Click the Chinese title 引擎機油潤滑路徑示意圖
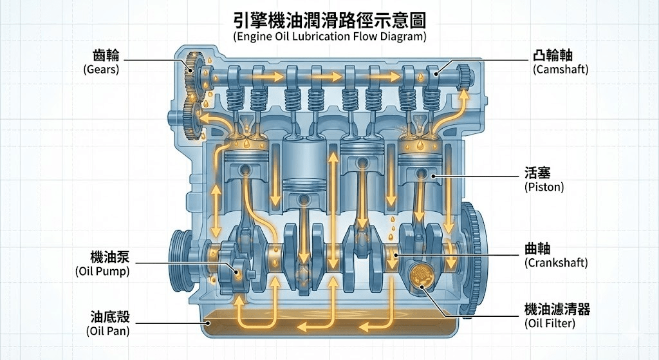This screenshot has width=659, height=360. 329,20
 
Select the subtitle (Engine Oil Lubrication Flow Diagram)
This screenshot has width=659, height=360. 329,36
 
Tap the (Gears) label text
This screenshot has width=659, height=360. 101,70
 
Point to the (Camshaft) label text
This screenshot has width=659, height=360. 561,70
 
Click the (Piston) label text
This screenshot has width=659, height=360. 544,187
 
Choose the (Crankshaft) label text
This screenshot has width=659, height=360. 556,263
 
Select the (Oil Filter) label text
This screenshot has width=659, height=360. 550,323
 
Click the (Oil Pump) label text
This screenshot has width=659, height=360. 102,271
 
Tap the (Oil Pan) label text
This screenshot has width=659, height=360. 107,331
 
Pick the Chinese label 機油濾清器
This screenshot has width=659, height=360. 557,310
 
